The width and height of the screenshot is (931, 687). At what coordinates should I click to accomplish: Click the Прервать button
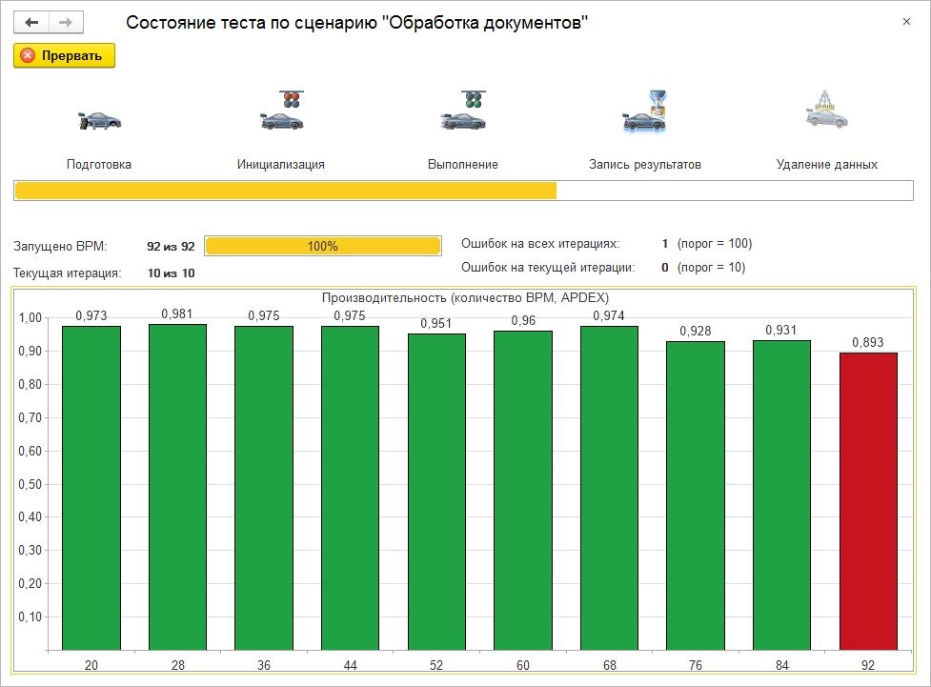pyautogui.click(x=64, y=55)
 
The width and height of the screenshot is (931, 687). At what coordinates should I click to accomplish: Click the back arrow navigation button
pyautogui.click(x=31, y=22)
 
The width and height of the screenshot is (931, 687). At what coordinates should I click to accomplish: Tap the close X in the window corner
pyautogui.click(x=906, y=22)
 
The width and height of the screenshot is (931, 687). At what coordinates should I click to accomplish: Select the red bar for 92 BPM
pyautogui.click(x=868, y=500)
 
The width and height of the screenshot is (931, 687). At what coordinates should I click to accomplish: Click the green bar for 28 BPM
pyautogui.click(x=177, y=486)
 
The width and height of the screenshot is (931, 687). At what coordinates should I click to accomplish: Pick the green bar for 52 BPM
pyautogui.click(x=436, y=491)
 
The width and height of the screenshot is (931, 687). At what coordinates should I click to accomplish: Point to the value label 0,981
pyautogui.click(x=177, y=313)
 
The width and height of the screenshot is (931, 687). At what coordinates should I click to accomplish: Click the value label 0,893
pyautogui.click(x=868, y=342)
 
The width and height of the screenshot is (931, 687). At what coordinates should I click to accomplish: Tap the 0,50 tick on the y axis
pyautogui.click(x=31, y=484)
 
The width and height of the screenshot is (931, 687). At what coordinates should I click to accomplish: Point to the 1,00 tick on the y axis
pyautogui.click(x=31, y=318)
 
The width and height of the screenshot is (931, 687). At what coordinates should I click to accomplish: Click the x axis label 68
pyautogui.click(x=609, y=665)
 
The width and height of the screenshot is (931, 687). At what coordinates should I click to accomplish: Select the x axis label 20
pyautogui.click(x=91, y=665)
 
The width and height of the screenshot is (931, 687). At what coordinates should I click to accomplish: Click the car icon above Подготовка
pyautogui.click(x=99, y=120)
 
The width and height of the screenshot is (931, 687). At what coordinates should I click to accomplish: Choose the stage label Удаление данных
pyautogui.click(x=826, y=164)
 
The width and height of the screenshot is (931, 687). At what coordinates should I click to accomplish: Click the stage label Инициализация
pyautogui.click(x=281, y=164)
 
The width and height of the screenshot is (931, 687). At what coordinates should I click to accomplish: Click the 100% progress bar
pyautogui.click(x=323, y=246)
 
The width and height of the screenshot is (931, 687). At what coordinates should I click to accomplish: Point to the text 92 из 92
pyautogui.click(x=171, y=246)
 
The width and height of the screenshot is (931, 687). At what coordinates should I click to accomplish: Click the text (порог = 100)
pyautogui.click(x=715, y=244)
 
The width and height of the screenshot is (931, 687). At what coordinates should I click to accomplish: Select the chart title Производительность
pyautogui.click(x=465, y=297)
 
